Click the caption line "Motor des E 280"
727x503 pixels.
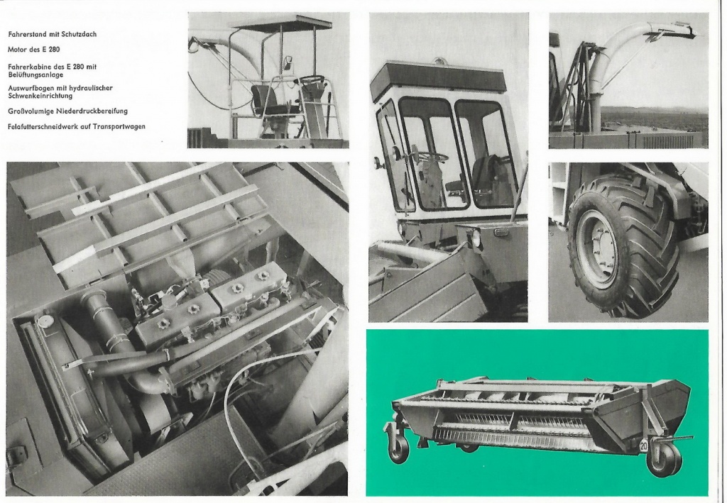(x=34, y=50)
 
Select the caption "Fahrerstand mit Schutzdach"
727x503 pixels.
(x=53, y=34)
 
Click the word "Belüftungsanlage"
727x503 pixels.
(x=35, y=74)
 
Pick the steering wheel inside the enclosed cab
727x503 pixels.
(x=430, y=157)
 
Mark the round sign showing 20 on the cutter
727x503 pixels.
(x=644, y=446)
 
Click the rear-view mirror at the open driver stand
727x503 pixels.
(x=288, y=63)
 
